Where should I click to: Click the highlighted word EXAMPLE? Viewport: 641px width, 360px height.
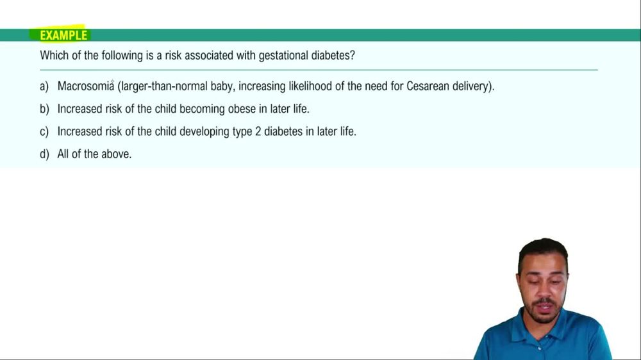click(63, 35)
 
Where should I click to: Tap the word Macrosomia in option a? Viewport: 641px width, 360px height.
click(85, 86)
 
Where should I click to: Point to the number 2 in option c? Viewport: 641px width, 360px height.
click(258, 131)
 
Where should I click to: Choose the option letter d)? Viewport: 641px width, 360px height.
click(44, 154)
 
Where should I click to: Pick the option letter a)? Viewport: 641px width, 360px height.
click(44, 86)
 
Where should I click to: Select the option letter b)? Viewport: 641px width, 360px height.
click(44, 109)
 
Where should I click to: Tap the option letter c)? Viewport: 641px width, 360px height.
click(44, 131)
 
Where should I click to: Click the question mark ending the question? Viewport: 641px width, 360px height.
click(353, 56)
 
